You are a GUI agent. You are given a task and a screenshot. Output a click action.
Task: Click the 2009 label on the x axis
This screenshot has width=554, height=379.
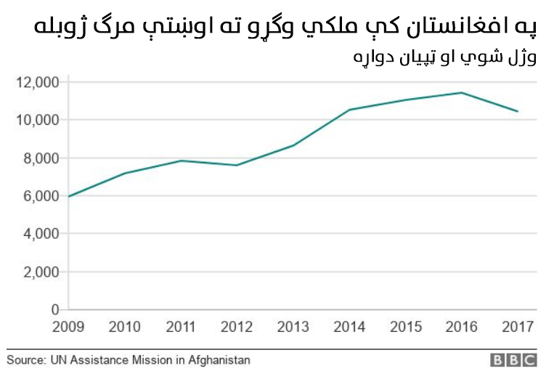(x=68, y=327)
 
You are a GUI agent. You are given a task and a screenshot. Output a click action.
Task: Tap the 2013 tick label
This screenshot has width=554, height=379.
(x=293, y=327)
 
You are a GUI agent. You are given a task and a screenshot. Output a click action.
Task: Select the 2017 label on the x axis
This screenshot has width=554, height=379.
(x=518, y=327)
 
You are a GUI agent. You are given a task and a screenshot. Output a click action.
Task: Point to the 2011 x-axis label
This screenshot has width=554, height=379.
(x=181, y=327)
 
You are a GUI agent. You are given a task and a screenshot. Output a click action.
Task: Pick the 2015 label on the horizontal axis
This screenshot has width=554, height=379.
(x=405, y=327)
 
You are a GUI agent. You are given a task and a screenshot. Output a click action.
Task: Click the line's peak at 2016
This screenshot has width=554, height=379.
(x=461, y=92)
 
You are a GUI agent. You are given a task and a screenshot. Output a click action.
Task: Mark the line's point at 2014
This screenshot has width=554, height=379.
(x=349, y=110)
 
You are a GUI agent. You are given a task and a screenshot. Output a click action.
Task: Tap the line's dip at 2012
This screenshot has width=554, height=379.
(x=237, y=165)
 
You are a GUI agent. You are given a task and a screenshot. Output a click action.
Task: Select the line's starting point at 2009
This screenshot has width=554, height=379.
(x=68, y=197)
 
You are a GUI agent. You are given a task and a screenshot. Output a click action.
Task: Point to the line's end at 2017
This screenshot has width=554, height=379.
(x=518, y=111)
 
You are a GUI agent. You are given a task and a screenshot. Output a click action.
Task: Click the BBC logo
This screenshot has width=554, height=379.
(x=513, y=360)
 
